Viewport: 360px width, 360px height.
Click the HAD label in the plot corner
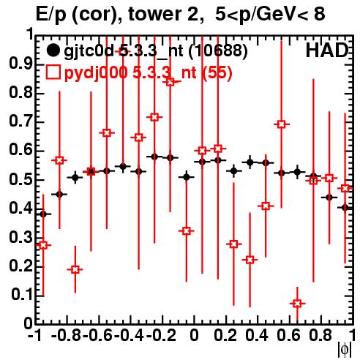pyautogui.click(x=327, y=50)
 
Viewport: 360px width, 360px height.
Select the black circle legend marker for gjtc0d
pyautogui.click(x=53, y=50)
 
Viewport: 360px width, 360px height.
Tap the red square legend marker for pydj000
pyautogui.click(x=53, y=72)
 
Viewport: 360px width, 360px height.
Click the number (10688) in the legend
pyautogui.click(x=218, y=51)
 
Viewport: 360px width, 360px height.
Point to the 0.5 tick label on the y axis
pyautogui.click(x=20, y=180)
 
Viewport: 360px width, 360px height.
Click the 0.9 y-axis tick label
pyautogui.click(x=20, y=64)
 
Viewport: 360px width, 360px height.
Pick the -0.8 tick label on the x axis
pyautogui.click(x=67, y=335)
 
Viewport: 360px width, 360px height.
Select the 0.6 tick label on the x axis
pyautogui.click(x=288, y=335)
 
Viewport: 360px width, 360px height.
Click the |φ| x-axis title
pyautogui.click(x=345, y=350)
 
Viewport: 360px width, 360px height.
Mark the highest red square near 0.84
pyautogui.click(x=170, y=82)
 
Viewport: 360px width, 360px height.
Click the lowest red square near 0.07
pyautogui.click(x=297, y=304)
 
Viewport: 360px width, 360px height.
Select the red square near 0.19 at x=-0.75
pyautogui.click(x=75, y=269)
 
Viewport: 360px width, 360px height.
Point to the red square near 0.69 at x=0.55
pyautogui.click(x=281, y=124)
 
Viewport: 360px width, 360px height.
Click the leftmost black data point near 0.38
pyautogui.click(x=43, y=214)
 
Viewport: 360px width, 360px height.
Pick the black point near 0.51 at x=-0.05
pyautogui.click(x=187, y=177)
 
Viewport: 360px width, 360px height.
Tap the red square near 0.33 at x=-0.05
pyautogui.click(x=187, y=230)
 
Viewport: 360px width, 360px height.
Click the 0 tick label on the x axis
pyautogui.click(x=194, y=335)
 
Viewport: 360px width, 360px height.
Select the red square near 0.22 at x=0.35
pyautogui.click(x=250, y=260)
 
